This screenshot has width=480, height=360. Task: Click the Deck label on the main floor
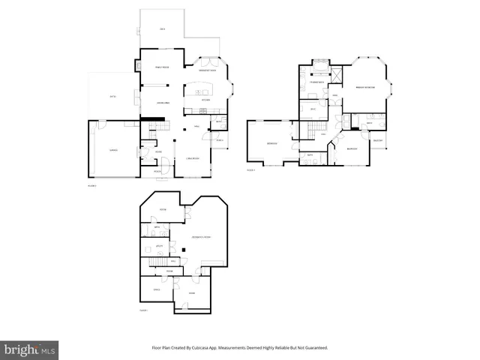pos(162,29)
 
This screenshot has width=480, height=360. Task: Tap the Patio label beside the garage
pos(113,97)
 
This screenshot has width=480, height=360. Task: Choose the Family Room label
pos(161,67)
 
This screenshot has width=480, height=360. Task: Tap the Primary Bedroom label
pos(365,88)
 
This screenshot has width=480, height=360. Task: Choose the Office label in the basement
pos(157,289)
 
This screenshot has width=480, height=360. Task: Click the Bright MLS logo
pos(30,349)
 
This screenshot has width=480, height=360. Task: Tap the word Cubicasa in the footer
pos(204,348)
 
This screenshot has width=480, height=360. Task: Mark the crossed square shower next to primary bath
pos(336,75)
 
